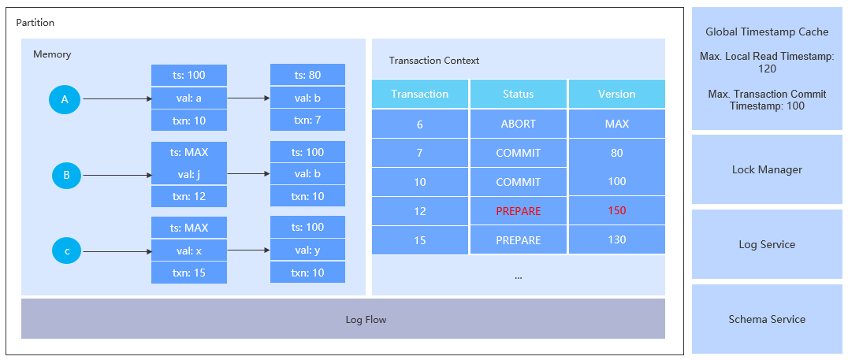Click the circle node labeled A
[65, 99]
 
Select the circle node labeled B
[66, 175]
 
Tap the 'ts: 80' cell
[307, 76]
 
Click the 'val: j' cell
[189, 174]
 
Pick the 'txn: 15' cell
[189, 273]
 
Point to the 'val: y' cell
[307, 250]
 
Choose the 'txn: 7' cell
[307, 120]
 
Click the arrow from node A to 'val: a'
[116, 99]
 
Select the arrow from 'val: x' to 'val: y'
[248, 251]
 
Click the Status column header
[518, 94]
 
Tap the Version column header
[616, 94]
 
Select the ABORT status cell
[518, 124]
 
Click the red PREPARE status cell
[518, 211]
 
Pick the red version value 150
[616, 211]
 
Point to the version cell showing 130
[616, 239]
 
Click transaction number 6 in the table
[419, 124]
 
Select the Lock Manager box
[767, 169]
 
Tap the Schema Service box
[767, 319]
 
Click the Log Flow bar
[343, 319]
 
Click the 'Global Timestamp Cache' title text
[767, 32]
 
